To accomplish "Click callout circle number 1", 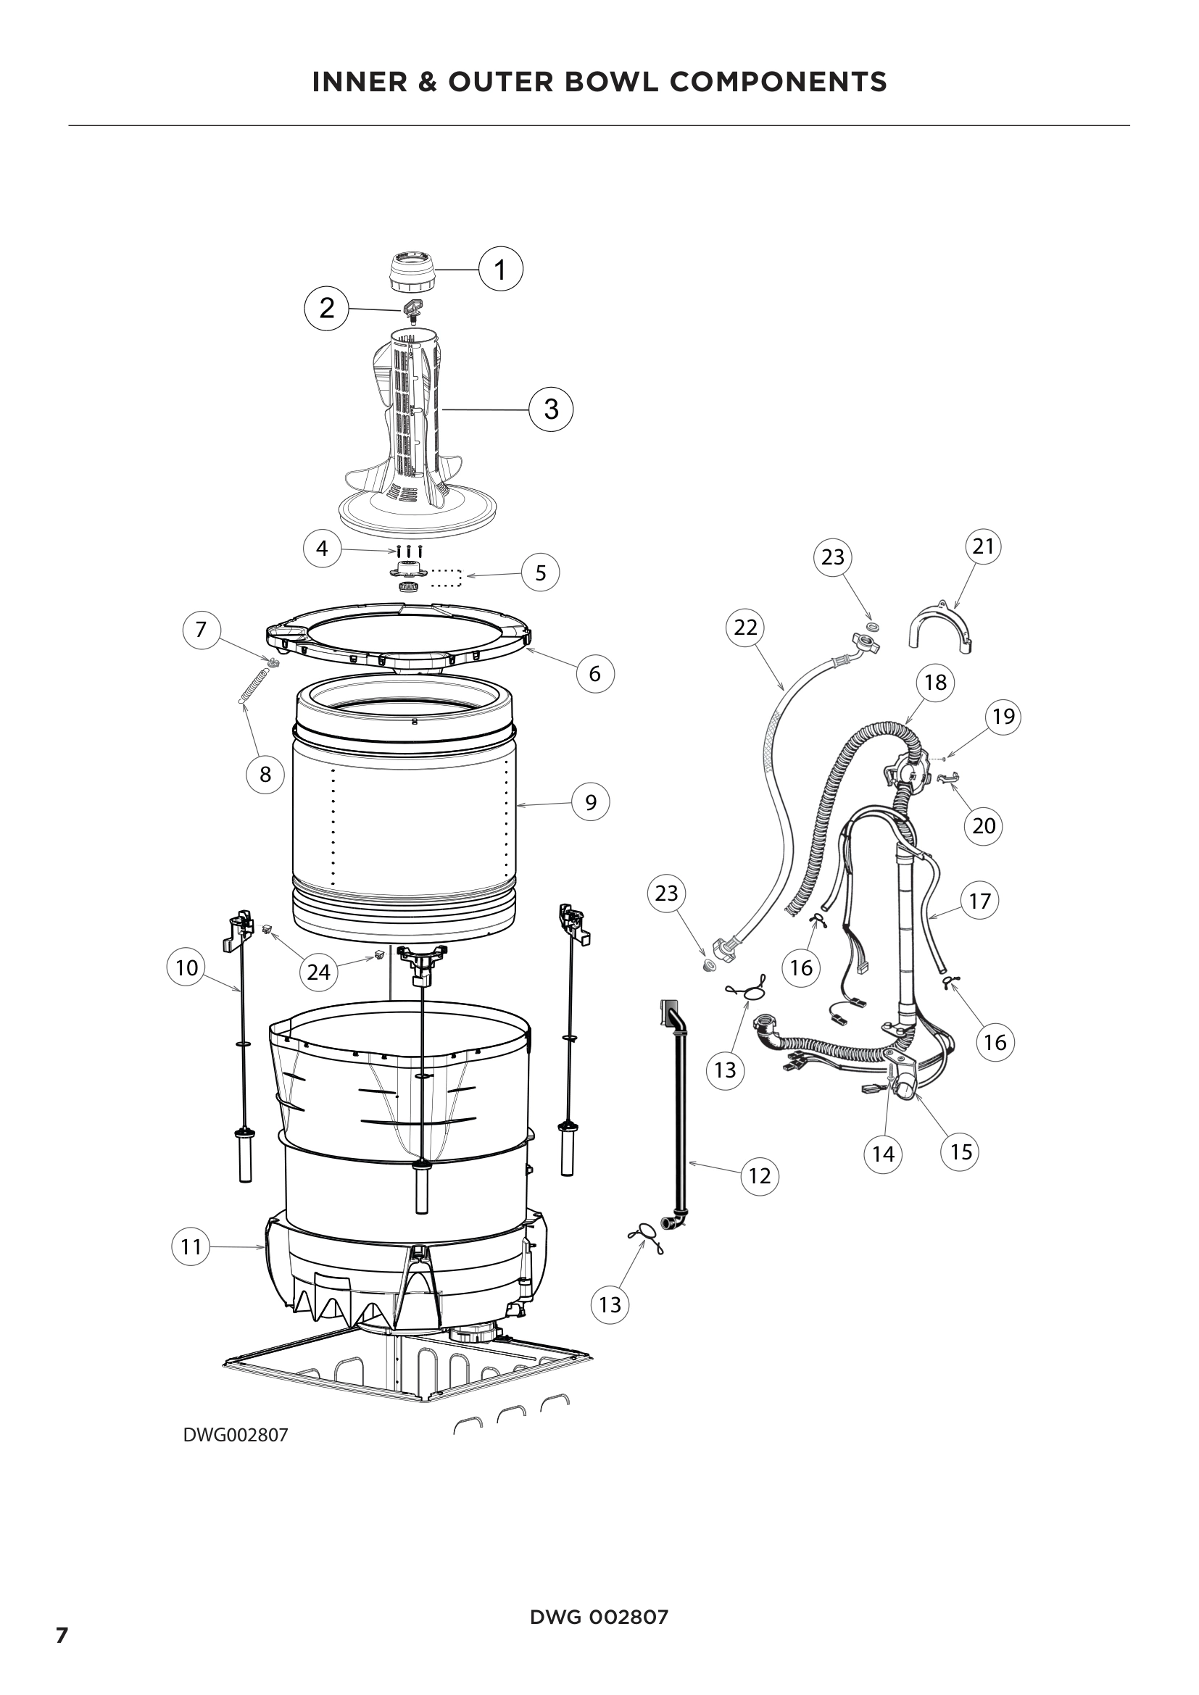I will pyautogui.click(x=501, y=270).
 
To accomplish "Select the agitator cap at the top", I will pyautogui.click(x=411, y=272).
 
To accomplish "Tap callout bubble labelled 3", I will pyautogui.click(x=552, y=408).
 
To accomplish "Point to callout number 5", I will pyautogui.click(x=541, y=572).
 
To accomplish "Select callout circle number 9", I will pyautogui.click(x=591, y=801).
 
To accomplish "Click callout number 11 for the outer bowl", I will pyautogui.click(x=191, y=1247).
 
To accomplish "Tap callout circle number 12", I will pyautogui.click(x=760, y=1175).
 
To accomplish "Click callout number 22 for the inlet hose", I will pyautogui.click(x=746, y=627).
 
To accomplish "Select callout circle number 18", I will pyautogui.click(x=935, y=681).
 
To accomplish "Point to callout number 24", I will pyautogui.click(x=318, y=972).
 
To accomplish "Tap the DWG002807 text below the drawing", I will pyautogui.click(x=236, y=1435).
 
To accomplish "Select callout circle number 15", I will pyautogui.click(x=961, y=1151).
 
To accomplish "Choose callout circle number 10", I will pyautogui.click(x=187, y=967).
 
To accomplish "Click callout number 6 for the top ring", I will pyautogui.click(x=594, y=673).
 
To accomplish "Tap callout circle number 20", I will pyautogui.click(x=984, y=825).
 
